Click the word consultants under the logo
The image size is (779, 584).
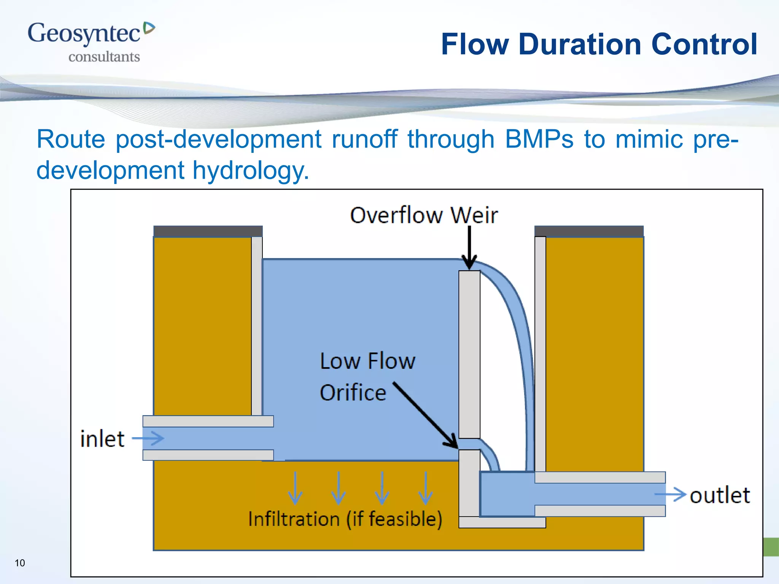[104, 57]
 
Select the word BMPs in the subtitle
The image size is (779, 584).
[539, 139]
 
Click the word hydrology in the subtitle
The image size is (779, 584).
[250, 170]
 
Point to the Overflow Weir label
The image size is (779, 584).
[423, 215]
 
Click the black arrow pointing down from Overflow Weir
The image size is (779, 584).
[469, 247]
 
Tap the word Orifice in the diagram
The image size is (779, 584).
[353, 393]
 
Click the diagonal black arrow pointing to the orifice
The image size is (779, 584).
[425, 415]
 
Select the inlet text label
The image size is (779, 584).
[102, 439]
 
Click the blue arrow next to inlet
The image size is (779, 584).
[148, 438]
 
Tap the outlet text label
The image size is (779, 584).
[720, 495]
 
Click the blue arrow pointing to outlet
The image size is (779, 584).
[670, 494]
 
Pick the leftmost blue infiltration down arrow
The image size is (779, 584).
[295, 488]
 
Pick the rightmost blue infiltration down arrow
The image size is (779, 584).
[425, 488]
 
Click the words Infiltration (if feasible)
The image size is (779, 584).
[345, 519]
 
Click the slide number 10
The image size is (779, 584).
[20, 563]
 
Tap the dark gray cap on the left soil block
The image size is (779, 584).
[208, 231]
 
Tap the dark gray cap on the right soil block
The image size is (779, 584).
[588, 231]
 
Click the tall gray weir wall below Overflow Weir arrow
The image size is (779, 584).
[469, 354]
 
